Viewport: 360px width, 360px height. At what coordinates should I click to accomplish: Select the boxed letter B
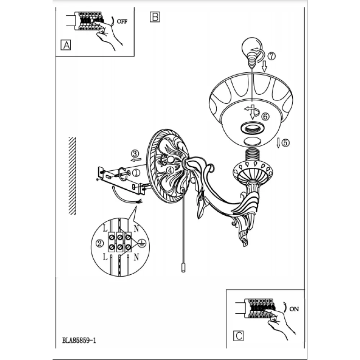pos(154,17)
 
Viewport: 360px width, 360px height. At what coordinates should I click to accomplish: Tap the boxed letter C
pos(238,336)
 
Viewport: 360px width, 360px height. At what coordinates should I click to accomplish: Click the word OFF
pos(122,21)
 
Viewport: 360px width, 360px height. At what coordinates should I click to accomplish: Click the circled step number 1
pos(136,172)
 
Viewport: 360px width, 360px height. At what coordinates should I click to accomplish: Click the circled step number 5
pos(285,143)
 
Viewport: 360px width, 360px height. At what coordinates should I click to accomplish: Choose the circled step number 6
pos(265,116)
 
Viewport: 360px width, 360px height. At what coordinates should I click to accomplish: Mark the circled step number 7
pos(271,56)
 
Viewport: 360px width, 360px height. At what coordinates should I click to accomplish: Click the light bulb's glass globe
pos(248,47)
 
